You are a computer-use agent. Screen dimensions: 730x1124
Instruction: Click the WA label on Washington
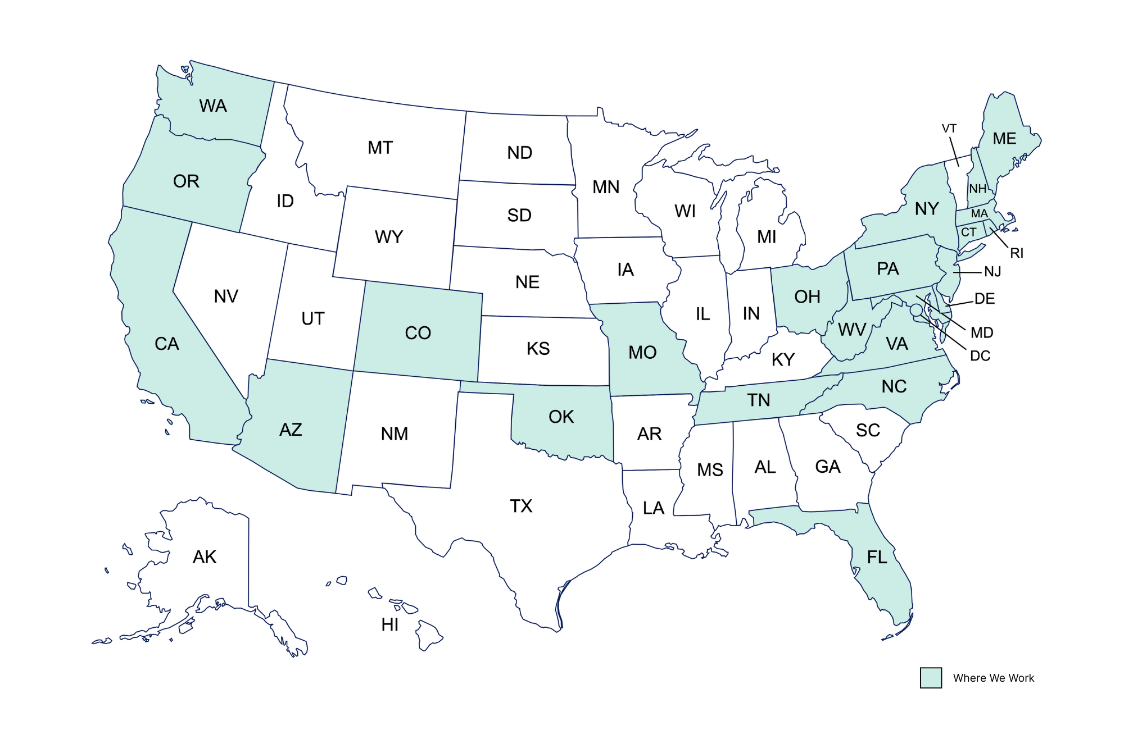[x=213, y=106]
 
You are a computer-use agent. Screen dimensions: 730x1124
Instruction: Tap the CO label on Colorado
[x=418, y=333]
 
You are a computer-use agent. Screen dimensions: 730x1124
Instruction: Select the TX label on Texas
[x=521, y=506]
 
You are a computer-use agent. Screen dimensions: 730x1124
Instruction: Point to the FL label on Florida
[x=877, y=557]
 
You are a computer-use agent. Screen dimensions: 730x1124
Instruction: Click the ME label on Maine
[x=1004, y=139]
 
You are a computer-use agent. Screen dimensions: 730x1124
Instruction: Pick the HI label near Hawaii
[x=389, y=624]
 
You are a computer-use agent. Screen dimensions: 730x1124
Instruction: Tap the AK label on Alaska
[x=205, y=557]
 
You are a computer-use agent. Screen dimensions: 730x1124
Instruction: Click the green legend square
[x=931, y=678]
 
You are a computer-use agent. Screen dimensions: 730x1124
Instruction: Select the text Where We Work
[x=993, y=678]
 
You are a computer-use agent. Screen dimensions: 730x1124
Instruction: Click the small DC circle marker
[x=916, y=310]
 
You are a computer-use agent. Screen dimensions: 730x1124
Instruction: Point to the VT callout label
[x=949, y=129]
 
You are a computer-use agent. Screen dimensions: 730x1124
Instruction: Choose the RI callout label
[x=1017, y=253]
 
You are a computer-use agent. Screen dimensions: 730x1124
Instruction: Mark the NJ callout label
[x=992, y=272]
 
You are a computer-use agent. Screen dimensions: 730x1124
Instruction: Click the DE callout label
[x=985, y=299]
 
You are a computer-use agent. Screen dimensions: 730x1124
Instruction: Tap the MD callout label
[x=982, y=332]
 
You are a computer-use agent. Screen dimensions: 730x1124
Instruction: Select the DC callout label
[x=980, y=355]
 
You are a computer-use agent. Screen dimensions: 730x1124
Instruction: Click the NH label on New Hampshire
[x=977, y=189]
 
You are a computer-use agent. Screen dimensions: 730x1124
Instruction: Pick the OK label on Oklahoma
[x=561, y=417]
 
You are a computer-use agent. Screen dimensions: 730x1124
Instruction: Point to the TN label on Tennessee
[x=758, y=400]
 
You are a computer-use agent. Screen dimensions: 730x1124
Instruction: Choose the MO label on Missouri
[x=642, y=352]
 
